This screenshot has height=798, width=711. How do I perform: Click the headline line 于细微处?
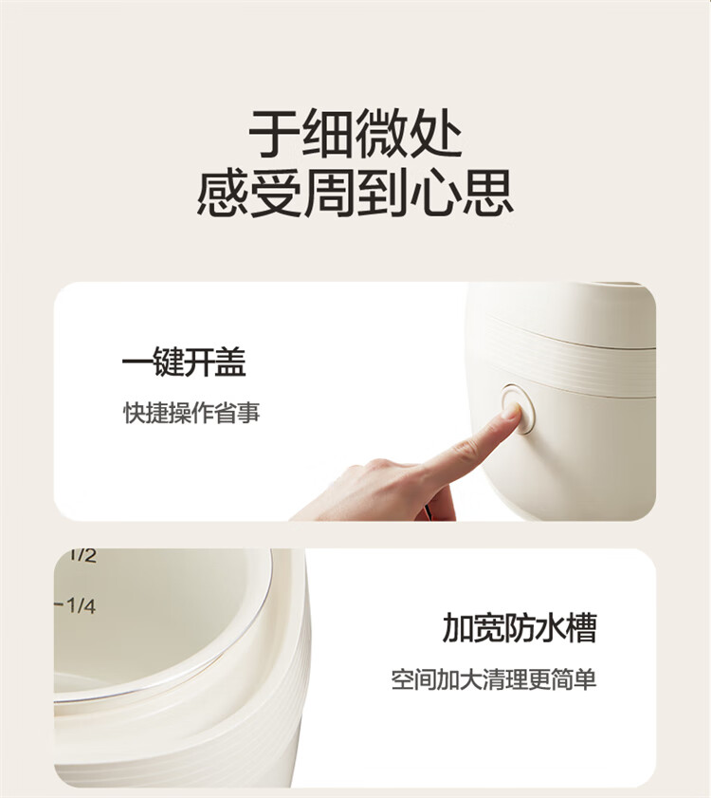(x=355, y=134)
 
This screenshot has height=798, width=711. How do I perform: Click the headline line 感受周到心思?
(x=355, y=194)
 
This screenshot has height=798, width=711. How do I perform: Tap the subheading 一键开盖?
(x=184, y=362)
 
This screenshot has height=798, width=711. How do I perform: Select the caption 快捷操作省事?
(x=191, y=412)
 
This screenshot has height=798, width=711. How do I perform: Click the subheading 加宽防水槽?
(x=520, y=627)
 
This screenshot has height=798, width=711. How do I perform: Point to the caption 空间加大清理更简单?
(x=493, y=679)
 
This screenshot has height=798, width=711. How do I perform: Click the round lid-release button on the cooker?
(x=518, y=409)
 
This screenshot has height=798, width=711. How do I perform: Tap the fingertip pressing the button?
(x=512, y=411)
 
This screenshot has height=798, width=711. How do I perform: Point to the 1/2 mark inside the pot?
(x=82, y=555)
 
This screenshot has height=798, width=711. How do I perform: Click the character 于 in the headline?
(x=274, y=134)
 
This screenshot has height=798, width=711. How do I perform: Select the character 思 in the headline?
(x=488, y=194)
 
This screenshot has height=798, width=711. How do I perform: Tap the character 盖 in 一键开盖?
(x=230, y=362)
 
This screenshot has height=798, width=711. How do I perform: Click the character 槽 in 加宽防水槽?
(x=581, y=627)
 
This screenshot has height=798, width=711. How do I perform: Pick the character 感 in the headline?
(x=222, y=194)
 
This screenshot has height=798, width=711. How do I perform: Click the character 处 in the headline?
(x=437, y=134)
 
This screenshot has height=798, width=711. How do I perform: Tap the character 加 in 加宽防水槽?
(x=458, y=628)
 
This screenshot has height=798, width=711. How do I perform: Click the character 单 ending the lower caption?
(x=585, y=679)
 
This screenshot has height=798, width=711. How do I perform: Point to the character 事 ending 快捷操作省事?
(x=249, y=412)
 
